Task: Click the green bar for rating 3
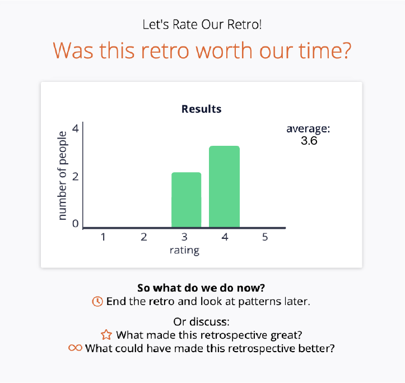click(186, 200)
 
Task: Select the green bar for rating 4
click(224, 187)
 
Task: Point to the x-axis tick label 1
click(103, 237)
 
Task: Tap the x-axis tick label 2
click(143, 237)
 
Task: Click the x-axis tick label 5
click(264, 237)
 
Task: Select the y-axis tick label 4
click(76, 129)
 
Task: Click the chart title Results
click(201, 109)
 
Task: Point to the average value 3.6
click(309, 141)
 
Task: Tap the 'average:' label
click(308, 129)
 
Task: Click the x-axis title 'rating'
click(184, 250)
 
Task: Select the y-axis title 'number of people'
click(62, 176)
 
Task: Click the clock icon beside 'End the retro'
click(97, 301)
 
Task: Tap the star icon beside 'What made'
click(106, 335)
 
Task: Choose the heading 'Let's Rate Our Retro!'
click(202, 25)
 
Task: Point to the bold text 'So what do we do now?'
click(201, 288)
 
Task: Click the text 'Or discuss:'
click(202, 322)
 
